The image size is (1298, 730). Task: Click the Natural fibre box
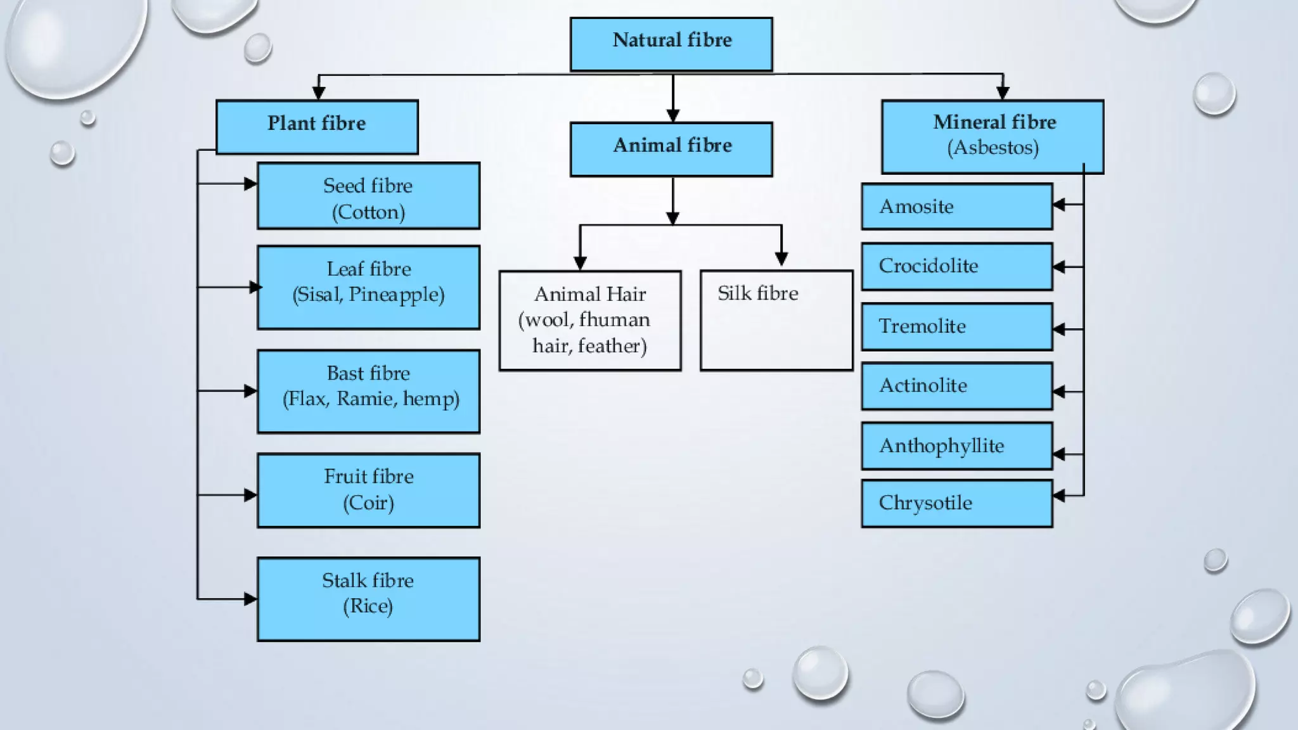pos(671,44)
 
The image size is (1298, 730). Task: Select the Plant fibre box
pos(317,126)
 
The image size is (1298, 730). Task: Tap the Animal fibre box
pos(671,149)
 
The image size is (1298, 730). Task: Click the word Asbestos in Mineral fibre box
pos(993,148)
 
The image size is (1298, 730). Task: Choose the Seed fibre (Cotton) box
pos(368,196)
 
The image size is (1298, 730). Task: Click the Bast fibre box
pos(368,391)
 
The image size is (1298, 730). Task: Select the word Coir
pos(368,503)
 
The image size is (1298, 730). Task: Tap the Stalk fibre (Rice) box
pos(368,599)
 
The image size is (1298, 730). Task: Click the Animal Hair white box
pos(590,320)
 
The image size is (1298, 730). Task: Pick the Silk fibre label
pos(757,293)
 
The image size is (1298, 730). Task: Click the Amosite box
pos(956,207)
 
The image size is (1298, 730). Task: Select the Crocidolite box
pos(956,266)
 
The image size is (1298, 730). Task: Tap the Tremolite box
pos(956,326)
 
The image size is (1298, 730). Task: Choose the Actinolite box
pos(956,386)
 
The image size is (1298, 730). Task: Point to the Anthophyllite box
pos(956,445)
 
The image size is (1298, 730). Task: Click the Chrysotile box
pos(956,503)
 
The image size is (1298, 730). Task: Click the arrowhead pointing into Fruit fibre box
pos(250,495)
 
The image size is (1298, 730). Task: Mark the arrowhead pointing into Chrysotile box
pos(1059,496)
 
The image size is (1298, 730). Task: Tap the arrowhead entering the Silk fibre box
pos(781,259)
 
